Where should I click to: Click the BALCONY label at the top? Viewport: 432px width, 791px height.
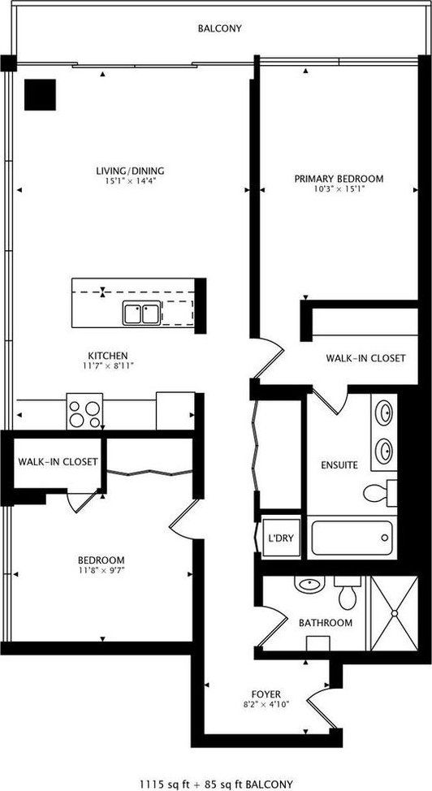pos(219,28)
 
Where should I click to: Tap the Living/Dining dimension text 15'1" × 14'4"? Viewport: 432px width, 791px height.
pos(132,180)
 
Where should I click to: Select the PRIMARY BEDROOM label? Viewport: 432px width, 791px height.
pos(339,179)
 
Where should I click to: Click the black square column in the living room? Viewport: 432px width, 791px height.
pos(40,94)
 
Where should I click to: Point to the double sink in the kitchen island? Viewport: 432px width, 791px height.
pos(142,313)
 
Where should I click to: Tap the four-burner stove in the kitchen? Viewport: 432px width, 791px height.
pos(84,411)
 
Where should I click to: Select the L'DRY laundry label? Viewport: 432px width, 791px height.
pos(281,538)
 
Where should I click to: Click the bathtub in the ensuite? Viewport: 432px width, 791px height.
pos(352,538)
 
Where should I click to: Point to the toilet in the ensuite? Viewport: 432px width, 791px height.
pos(379,493)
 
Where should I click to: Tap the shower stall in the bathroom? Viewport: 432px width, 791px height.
pos(394,613)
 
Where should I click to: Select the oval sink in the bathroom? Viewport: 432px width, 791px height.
pos(309,586)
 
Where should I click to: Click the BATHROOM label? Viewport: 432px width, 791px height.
pos(326,623)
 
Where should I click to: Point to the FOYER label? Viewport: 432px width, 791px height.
pos(266,694)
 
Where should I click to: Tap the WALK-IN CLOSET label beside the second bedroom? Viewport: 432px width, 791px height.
pos(58,461)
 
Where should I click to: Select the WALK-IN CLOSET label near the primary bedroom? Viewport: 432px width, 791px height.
pos(365,358)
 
